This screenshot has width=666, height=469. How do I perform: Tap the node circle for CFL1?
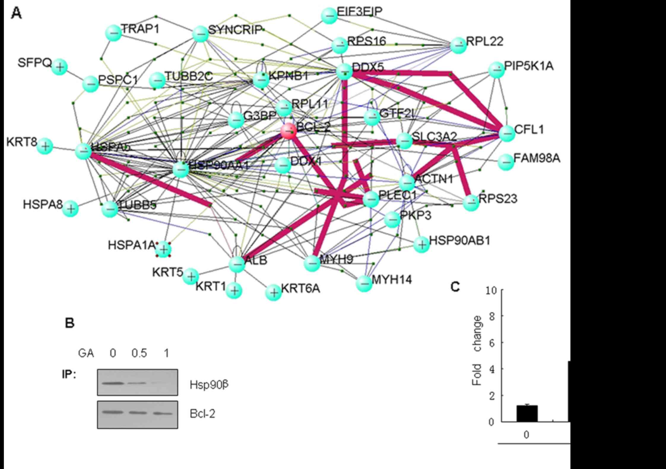(507, 133)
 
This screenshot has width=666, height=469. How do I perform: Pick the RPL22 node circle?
(459, 45)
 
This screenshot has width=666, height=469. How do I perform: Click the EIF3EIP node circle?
(329, 16)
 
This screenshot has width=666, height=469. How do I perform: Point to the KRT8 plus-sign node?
(45, 146)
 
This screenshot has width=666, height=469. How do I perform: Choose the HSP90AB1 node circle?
(422, 245)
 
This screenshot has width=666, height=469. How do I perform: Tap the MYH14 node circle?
(364, 283)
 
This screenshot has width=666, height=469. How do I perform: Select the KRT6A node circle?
(274, 293)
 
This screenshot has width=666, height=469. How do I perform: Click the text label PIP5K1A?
(529, 66)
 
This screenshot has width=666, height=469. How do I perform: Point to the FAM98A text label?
(537, 158)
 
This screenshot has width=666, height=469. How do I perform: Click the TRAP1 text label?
(140, 29)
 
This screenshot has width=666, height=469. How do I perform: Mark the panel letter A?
(16, 13)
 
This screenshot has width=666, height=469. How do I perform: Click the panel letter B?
(70, 323)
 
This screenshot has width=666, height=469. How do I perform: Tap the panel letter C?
(455, 287)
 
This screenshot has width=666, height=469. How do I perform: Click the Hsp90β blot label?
(209, 385)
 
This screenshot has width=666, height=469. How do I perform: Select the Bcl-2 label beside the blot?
(202, 414)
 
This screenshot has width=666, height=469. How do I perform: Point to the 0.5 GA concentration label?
(139, 353)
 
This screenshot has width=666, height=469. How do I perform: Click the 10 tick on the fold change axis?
(491, 290)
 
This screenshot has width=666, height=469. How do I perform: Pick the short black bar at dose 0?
(527, 413)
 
